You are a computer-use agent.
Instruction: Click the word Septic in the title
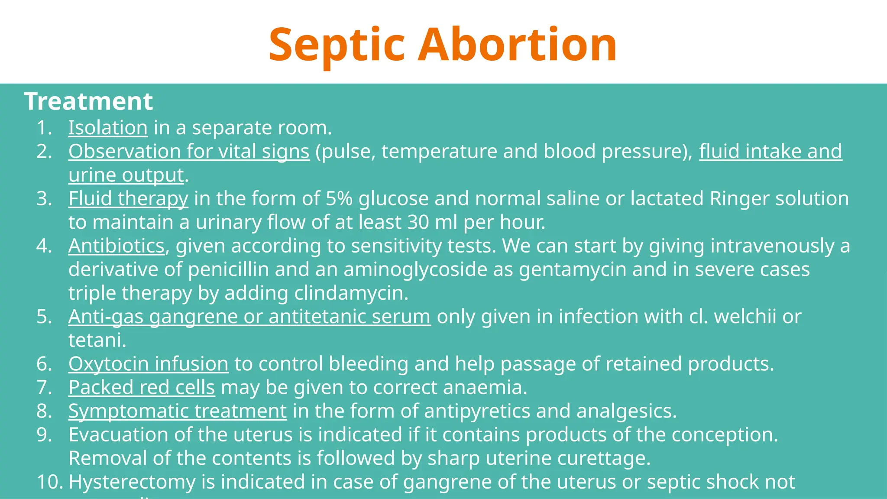[337, 45]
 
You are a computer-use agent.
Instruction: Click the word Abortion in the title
[518, 45]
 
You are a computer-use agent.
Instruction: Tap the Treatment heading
[88, 101]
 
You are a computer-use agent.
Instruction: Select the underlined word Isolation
[108, 128]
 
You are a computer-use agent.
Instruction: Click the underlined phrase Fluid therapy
[128, 198]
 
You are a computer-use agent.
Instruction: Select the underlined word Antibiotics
[116, 246]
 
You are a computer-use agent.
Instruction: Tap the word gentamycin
[573, 269]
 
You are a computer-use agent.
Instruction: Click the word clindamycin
[351, 293]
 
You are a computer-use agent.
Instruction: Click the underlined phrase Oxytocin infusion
[148, 364]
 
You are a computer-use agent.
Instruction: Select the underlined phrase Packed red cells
[142, 387]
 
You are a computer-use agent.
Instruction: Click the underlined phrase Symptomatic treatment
[178, 411]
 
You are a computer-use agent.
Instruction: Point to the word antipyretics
[477, 411]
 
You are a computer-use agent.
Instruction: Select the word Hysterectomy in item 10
[132, 482]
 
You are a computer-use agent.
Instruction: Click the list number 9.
[44, 435]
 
